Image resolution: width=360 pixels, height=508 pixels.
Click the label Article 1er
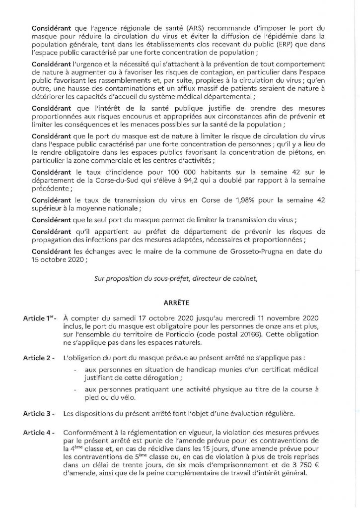[x=40, y=317]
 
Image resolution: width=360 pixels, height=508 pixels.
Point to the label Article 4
[x=39, y=433]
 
